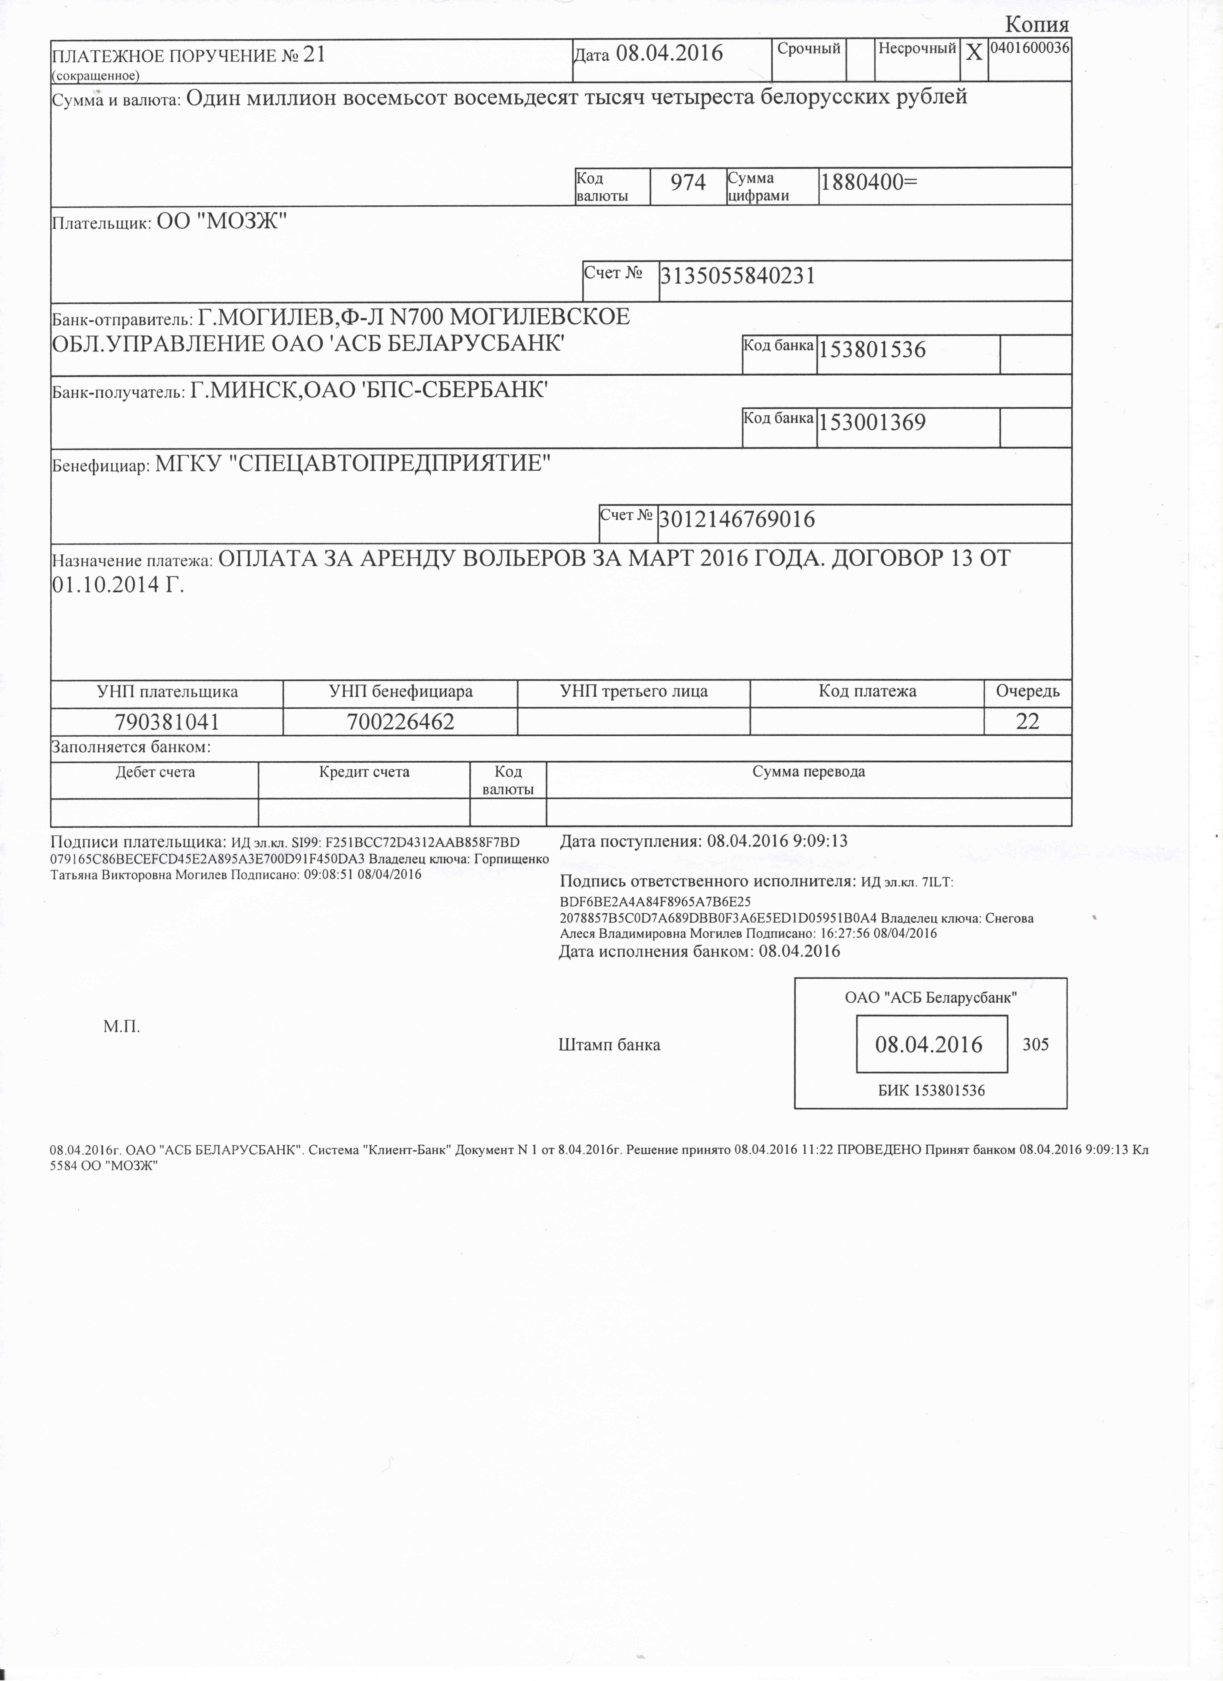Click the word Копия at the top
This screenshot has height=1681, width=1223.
click(x=1037, y=24)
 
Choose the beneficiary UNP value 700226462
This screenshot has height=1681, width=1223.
click(x=400, y=721)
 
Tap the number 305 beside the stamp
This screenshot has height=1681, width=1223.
click(x=1035, y=1044)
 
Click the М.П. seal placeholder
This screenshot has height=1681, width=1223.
click(x=122, y=1027)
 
